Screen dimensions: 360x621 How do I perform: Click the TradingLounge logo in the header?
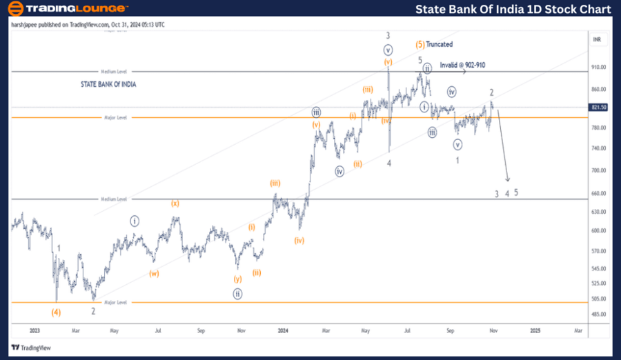(x=68, y=9)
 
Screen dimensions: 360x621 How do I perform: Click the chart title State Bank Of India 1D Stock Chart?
(x=513, y=9)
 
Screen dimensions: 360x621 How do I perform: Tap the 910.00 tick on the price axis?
(x=598, y=68)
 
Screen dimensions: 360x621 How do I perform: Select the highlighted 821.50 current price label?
(x=599, y=107)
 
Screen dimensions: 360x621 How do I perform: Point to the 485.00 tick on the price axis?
(x=598, y=314)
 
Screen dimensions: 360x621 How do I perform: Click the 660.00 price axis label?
(x=598, y=194)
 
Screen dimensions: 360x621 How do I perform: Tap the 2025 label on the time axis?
(x=535, y=330)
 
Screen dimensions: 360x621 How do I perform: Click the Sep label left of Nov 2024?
(x=450, y=330)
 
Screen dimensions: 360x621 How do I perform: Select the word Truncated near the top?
(x=439, y=44)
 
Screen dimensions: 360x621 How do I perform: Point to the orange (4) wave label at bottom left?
(x=57, y=312)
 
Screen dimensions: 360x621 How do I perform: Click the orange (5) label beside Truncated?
(x=420, y=44)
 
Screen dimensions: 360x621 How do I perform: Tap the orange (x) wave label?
(x=175, y=203)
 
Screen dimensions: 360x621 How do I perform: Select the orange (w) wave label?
(x=154, y=273)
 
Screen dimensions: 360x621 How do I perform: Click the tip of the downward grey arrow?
(x=508, y=181)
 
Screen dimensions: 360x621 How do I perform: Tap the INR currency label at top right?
(x=598, y=39)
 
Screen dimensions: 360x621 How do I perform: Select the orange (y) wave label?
(x=238, y=279)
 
